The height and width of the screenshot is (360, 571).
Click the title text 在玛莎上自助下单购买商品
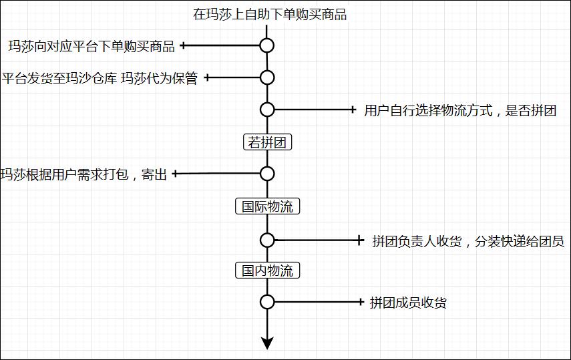point(270,15)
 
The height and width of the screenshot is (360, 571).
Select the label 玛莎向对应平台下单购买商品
point(91,46)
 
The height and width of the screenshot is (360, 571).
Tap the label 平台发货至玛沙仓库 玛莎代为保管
point(100,78)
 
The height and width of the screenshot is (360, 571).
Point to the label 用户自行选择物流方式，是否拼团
point(460,110)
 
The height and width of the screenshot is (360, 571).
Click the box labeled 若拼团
point(268,142)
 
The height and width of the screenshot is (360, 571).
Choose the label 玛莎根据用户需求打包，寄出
point(83,175)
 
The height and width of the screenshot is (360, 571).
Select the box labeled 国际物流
point(267,206)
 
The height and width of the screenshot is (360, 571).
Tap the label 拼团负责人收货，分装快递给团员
point(467,241)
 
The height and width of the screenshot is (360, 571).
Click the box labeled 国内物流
point(267,271)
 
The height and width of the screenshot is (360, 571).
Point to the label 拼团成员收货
point(408,303)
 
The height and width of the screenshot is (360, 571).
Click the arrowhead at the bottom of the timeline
point(267,343)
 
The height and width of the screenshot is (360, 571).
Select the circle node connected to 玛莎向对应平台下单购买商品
point(267,45)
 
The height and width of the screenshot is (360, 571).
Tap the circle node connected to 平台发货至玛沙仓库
point(267,77)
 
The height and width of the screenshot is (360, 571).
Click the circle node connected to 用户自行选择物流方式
point(267,110)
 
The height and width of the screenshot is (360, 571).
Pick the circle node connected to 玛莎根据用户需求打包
point(267,174)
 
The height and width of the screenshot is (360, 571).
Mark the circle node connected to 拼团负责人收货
point(267,240)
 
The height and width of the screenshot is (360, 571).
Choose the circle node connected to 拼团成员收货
point(267,302)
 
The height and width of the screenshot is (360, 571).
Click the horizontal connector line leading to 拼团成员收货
point(317,302)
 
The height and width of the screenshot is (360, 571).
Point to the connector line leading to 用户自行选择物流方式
point(314,110)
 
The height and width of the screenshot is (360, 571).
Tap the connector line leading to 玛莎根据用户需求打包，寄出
point(217,174)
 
